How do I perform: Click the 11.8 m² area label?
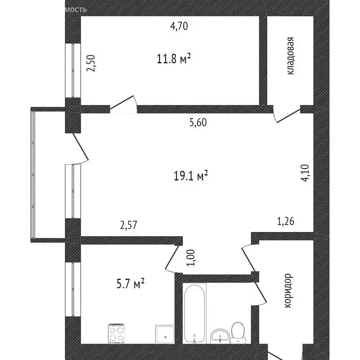[x=173, y=59]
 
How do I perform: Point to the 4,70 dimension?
[x=179, y=26]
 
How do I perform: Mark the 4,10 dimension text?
[x=305, y=172]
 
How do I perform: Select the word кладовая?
[x=291, y=56]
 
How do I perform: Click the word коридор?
[x=289, y=291]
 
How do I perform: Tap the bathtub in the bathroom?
[x=194, y=312]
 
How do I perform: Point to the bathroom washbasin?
[x=219, y=336]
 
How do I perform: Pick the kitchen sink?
[x=164, y=334]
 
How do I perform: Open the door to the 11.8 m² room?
[x=124, y=104]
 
